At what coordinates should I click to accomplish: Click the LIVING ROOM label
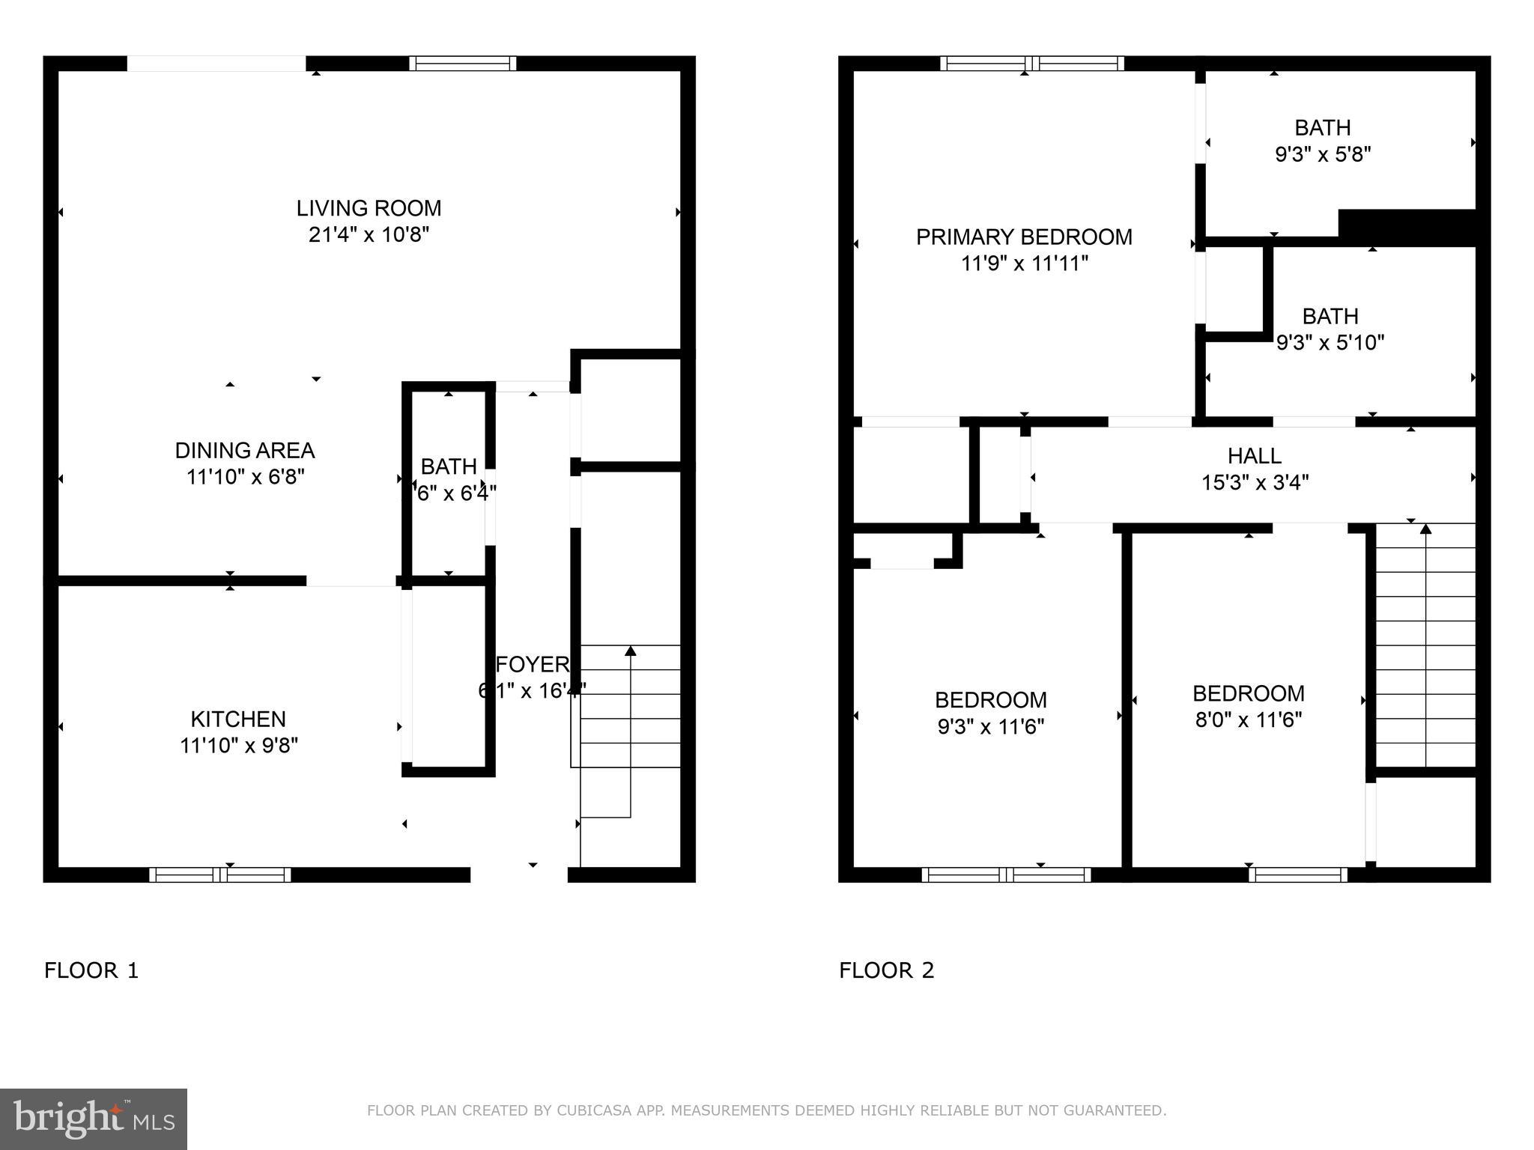(369, 208)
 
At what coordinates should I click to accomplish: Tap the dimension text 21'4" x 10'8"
(369, 235)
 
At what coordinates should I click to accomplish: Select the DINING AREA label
(245, 451)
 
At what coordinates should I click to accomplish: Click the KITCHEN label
(238, 719)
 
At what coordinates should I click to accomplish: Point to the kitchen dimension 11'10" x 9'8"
(239, 746)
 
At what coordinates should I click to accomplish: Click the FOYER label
(533, 665)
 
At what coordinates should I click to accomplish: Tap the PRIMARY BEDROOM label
(1024, 237)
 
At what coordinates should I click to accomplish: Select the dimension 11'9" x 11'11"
(1024, 264)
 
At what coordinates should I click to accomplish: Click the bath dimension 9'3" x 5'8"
(1323, 155)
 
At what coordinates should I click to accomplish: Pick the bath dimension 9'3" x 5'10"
(1330, 343)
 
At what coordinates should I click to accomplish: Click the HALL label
(1255, 456)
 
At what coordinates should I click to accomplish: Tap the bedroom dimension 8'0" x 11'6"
(1249, 720)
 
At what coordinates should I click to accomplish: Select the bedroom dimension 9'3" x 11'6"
(991, 727)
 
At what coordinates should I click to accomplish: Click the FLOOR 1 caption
(91, 971)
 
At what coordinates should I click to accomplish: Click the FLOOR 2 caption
(887, 971)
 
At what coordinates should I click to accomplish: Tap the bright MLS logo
(94, 1119)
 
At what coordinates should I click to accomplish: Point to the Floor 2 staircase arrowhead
(1425, 529)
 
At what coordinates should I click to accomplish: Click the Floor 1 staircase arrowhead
(631, 651)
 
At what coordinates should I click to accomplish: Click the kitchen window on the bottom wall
(220, 874)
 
